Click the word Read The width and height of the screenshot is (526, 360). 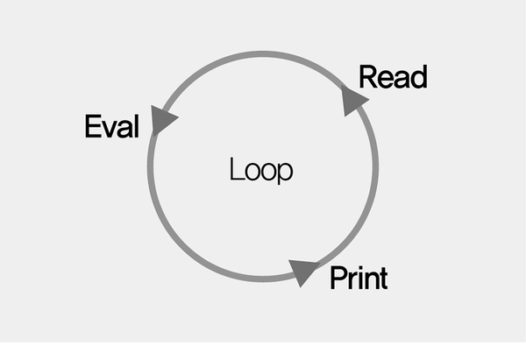point(393,77)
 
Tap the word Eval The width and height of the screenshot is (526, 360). point(111,126)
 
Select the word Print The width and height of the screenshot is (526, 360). point(359,278)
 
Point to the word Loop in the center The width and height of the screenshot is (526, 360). point(261,170)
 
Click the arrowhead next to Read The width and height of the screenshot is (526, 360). point(353,100)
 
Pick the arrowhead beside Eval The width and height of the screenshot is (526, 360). point(162,120)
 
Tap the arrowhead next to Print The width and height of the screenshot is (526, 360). point(303,272)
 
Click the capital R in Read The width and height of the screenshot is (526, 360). point(369,77)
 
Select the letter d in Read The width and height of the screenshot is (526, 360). point(419,77)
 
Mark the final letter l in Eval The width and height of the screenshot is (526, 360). point(137,126)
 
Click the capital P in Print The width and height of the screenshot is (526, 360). point(339,278)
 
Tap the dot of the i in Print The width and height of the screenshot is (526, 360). point(360,268)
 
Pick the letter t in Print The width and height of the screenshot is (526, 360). point(384,279)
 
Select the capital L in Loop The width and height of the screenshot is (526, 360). point(236,168)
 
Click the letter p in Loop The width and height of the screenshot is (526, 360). point(286,173)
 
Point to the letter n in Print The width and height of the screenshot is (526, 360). point(372,280)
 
